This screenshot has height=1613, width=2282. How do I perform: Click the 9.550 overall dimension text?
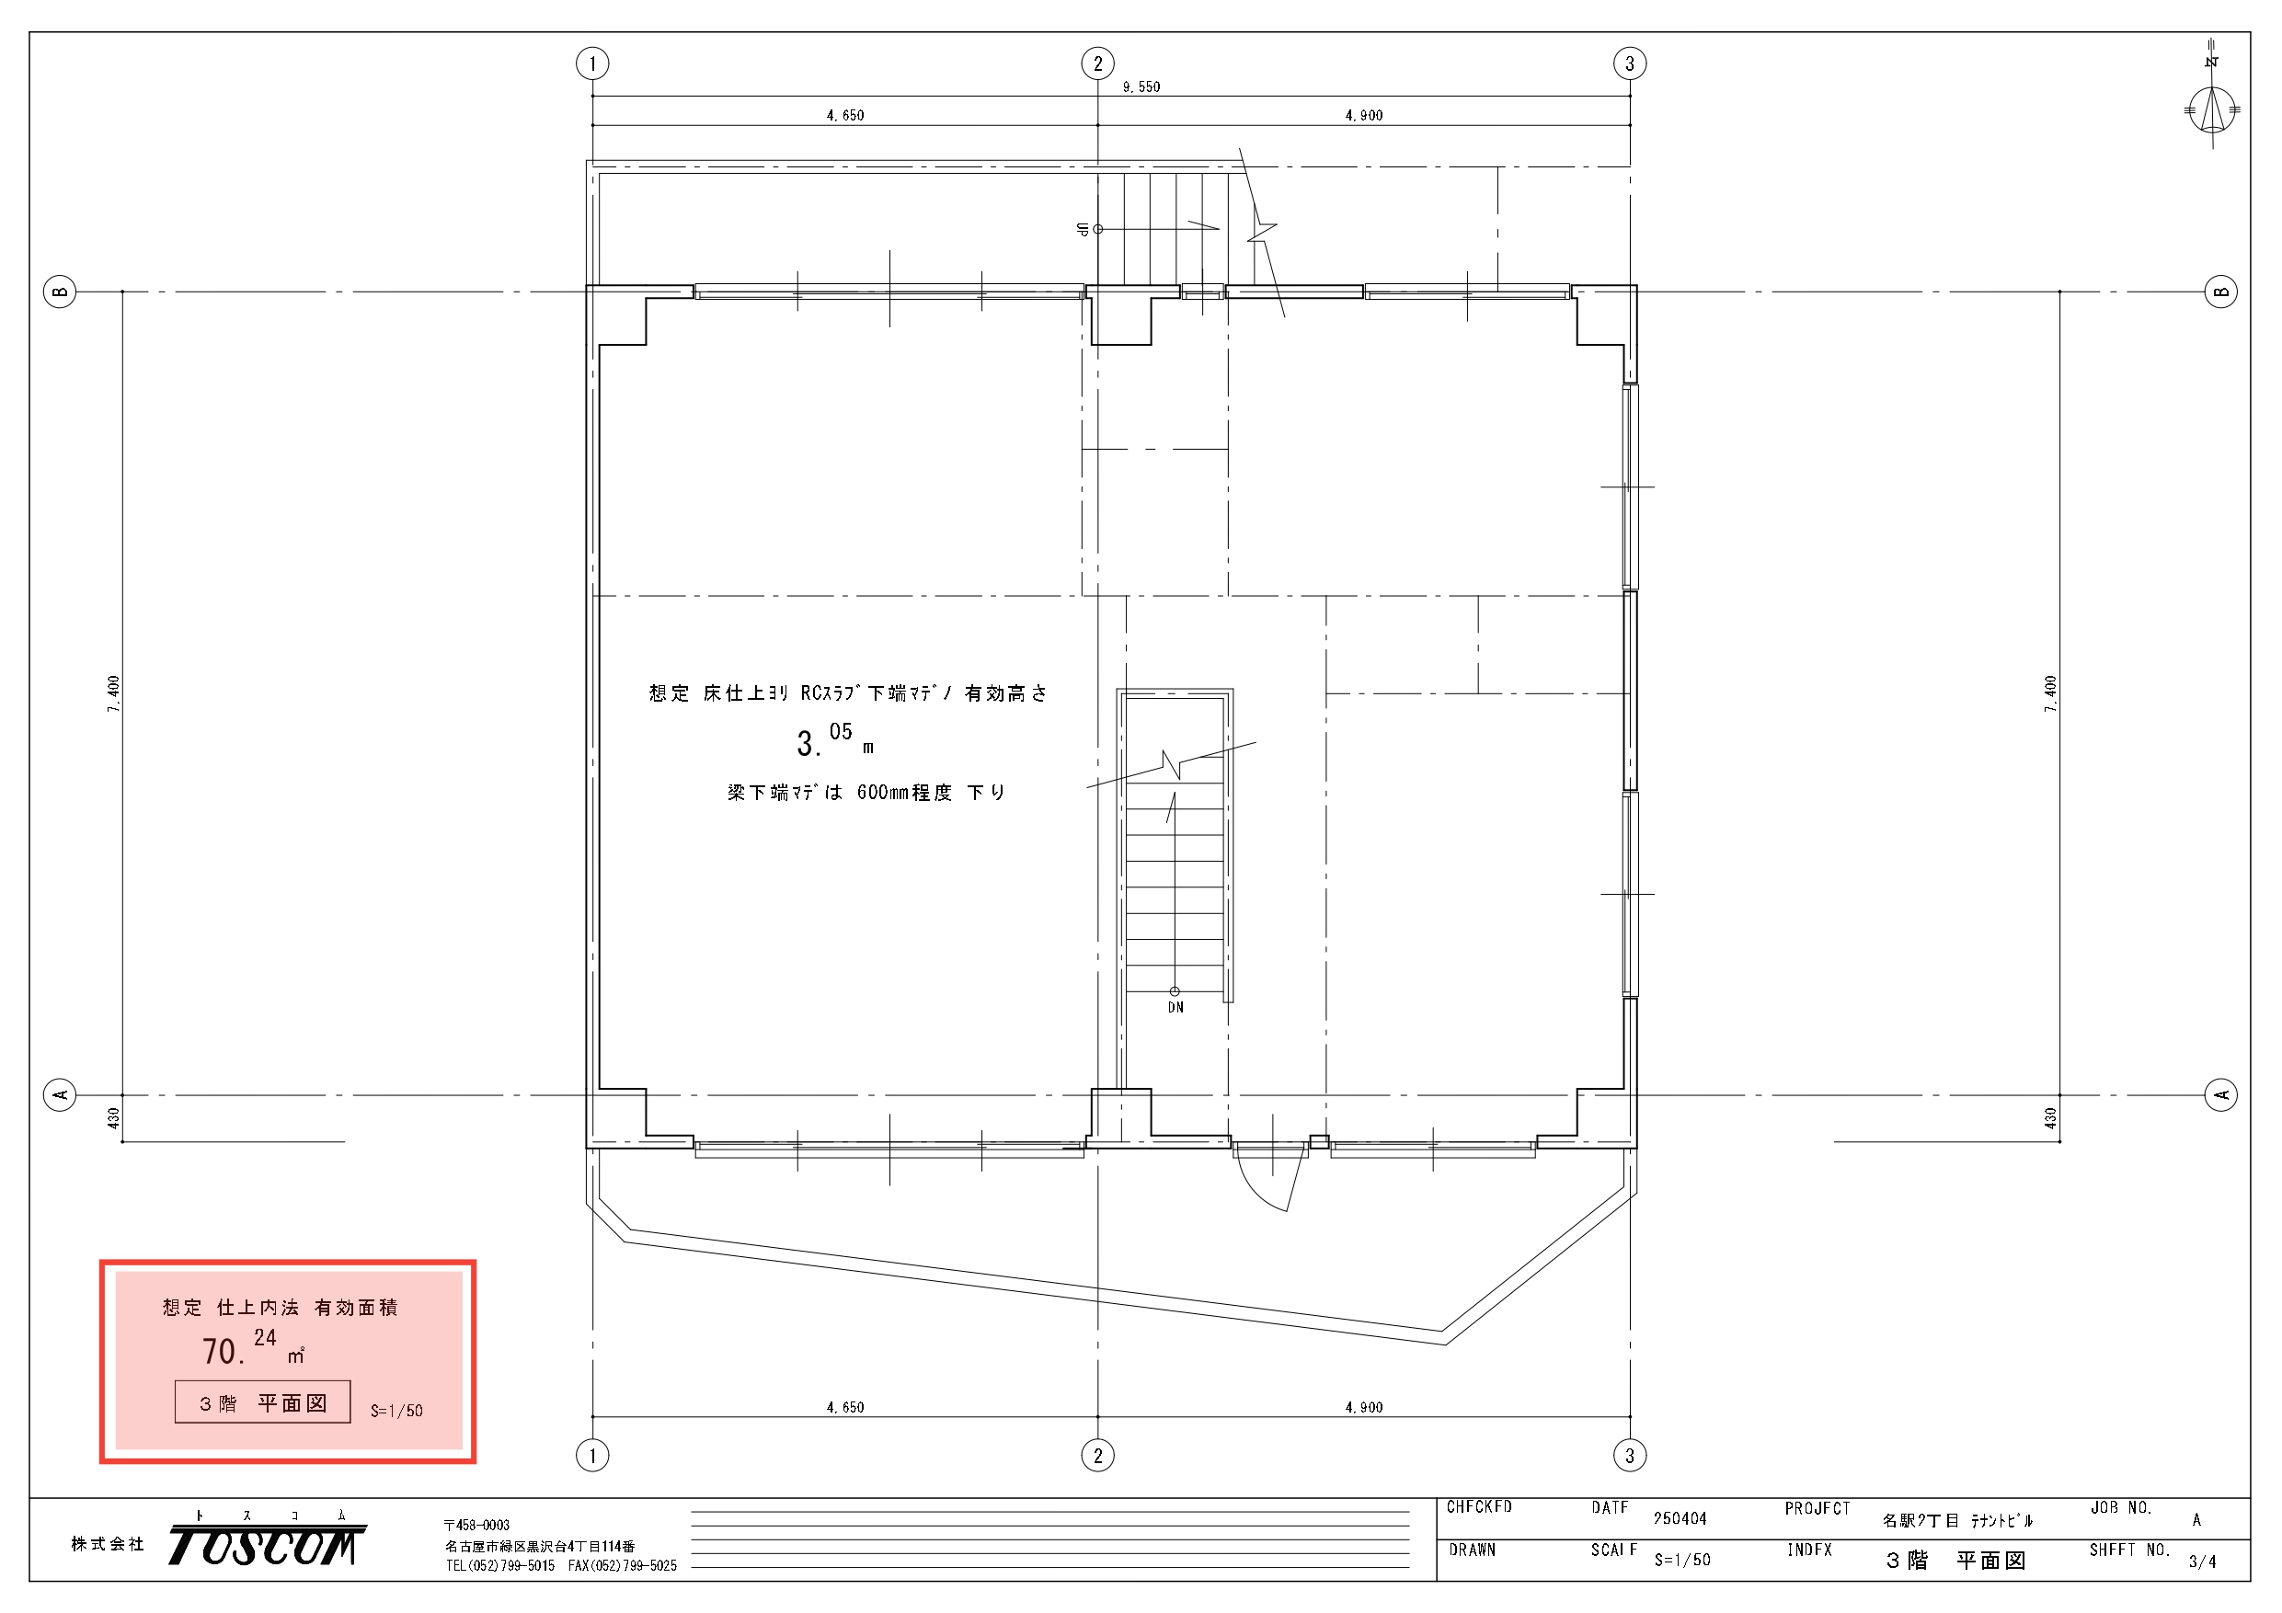point(1141,87)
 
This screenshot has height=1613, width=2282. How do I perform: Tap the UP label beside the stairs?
point(1083,230)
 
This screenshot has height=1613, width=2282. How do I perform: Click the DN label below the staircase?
point(1175,1008)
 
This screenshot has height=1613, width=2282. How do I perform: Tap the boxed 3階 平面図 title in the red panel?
point(262,1402)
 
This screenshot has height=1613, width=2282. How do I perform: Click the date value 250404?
point(1680,1518)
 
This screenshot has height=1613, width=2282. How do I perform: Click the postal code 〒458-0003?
point(477,1526)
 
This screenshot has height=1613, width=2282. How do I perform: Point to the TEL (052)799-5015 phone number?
point(500,1565)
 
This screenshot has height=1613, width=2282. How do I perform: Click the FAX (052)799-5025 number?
point(622,1565)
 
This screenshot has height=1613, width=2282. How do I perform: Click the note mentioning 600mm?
point(866,792)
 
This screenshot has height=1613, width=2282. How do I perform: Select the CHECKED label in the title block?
point(1479,1507)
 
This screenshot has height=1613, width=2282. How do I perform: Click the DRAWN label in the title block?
point(1472,1550)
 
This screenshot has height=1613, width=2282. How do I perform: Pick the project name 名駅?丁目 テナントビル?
point(1957,1520)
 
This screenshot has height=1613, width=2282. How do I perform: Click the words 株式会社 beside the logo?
point(108,1543)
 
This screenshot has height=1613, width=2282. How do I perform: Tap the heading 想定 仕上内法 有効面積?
point(281,1308)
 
